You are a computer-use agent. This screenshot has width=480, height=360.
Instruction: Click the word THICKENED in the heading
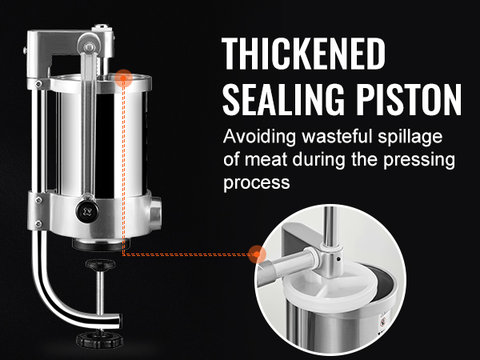click(303, 54)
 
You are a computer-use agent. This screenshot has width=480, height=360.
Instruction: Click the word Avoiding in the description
click(259, 137)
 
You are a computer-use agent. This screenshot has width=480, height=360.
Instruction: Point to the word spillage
click(410, 138)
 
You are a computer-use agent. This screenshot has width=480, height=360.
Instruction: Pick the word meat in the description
click(266, 160)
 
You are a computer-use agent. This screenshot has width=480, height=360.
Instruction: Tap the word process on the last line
click(257, 183)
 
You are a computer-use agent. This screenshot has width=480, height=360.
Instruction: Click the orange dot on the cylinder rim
click(123, 78)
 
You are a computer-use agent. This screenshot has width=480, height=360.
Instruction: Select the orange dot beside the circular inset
click(257, 254)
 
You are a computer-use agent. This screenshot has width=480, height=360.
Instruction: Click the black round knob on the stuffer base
click(87, 211)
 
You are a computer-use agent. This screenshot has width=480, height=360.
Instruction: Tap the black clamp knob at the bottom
click(100, 339)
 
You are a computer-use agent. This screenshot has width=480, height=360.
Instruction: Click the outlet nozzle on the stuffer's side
click(155, 213)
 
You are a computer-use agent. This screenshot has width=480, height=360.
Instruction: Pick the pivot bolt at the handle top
click(90, 47)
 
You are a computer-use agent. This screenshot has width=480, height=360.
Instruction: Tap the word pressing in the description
click(419, 161)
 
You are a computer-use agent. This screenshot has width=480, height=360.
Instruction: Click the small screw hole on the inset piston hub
click(338, 259)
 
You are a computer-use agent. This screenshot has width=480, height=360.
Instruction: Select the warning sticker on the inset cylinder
click(383, 322)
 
